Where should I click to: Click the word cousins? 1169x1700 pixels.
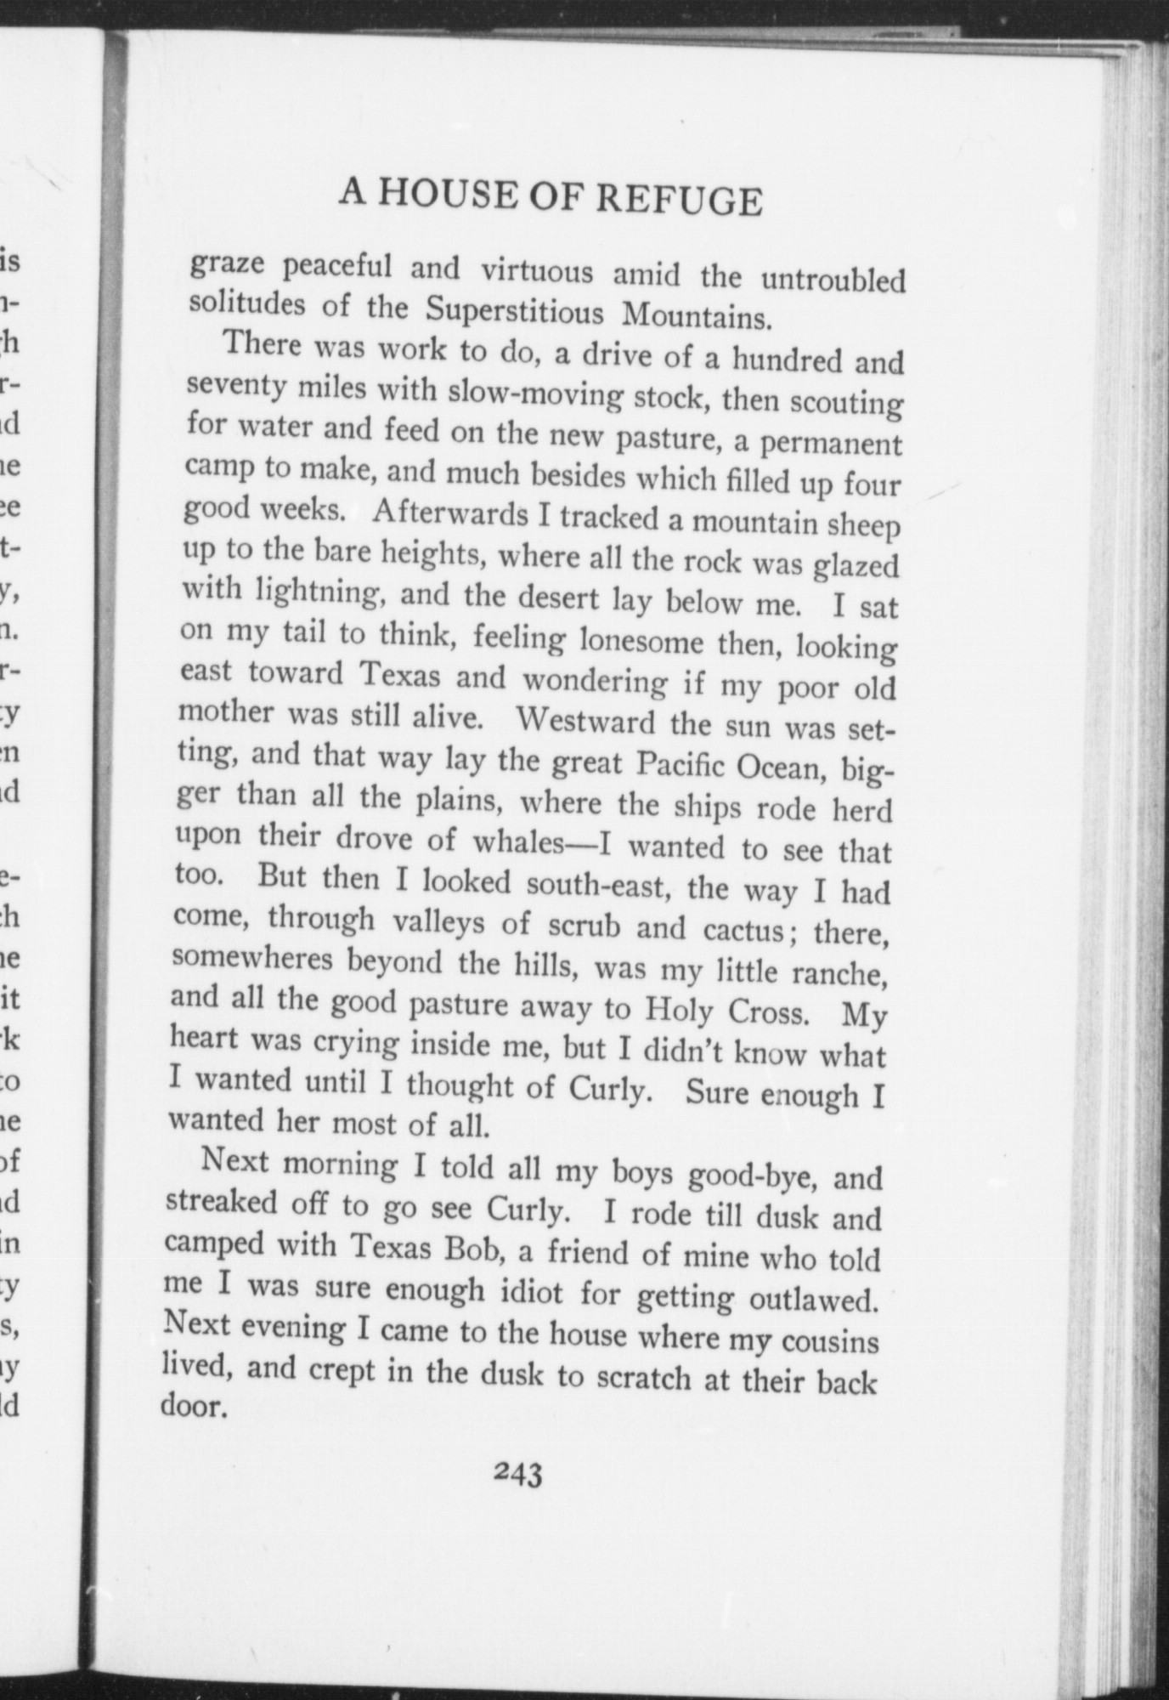pyautogui.click(x=829, y=1342)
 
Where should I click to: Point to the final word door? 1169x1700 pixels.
pyautogui.click(x=193, y=1406)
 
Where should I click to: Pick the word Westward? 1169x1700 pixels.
pyautogui.click(x=585, y=722)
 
